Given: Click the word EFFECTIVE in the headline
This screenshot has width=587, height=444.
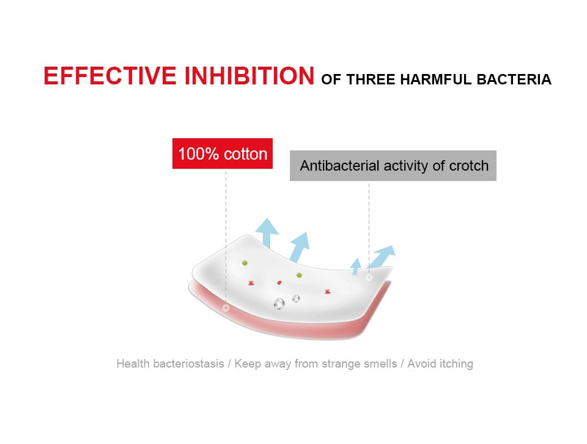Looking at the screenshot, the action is tap(109, 76).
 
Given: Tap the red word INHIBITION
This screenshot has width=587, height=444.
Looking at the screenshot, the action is tap(249, 76).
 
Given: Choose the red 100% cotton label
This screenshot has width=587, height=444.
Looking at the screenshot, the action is tap(223, 154).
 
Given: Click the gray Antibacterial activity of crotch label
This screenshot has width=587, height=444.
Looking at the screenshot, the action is tap(393, 166).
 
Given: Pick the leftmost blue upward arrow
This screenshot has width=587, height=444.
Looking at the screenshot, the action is tap(267, 233).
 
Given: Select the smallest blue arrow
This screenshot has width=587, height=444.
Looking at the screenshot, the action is tap(356, 266).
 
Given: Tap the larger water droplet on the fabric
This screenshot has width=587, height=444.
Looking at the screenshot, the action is tap(279, 303).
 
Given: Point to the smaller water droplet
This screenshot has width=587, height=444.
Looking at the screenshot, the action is tap(296, 298).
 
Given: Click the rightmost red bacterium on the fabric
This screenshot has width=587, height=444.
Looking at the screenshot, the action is tap(328, 291).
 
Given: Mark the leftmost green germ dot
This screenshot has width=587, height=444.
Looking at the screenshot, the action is tap(245, 263).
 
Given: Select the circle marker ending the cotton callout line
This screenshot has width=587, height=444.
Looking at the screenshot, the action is tap(226, 308).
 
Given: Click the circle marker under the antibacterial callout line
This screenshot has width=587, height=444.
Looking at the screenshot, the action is tap(369, 278).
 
